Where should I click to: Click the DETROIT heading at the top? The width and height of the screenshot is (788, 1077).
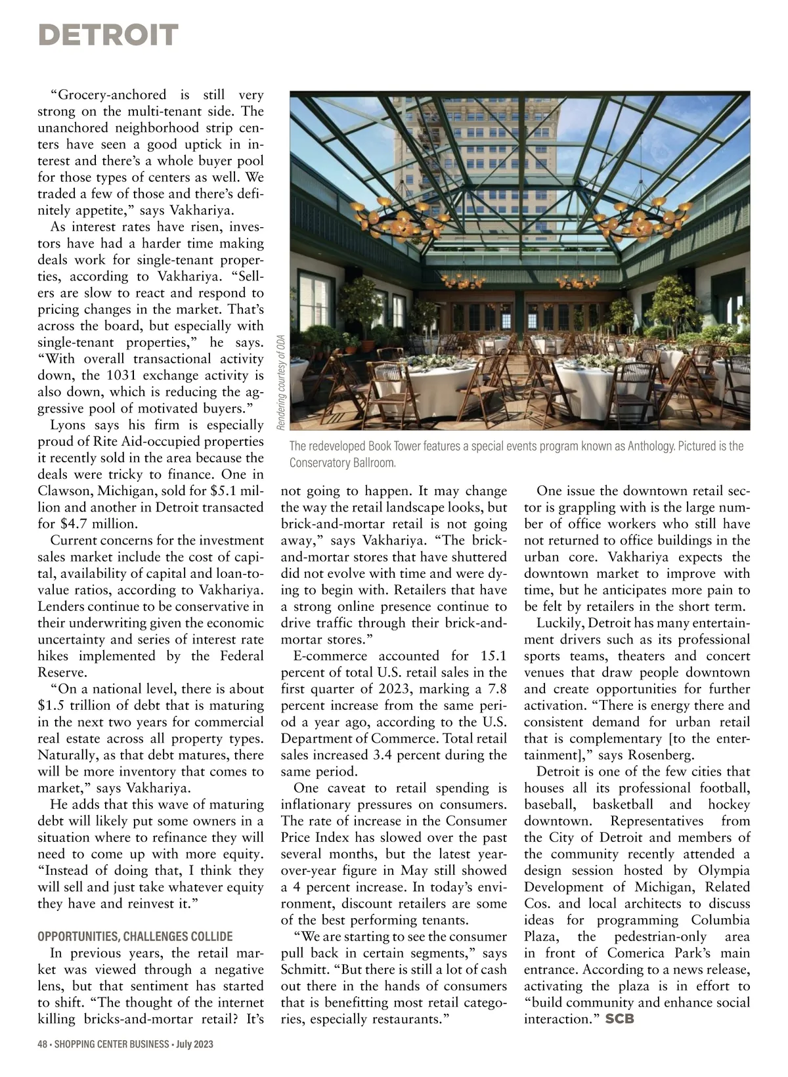[x=108, y=35]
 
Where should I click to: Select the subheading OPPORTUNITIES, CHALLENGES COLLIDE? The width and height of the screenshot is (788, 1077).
[x=135, y=936]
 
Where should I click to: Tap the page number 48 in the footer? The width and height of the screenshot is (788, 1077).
[x=43, y=1044]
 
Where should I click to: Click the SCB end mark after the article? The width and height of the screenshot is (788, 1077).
[x=619, y=1019]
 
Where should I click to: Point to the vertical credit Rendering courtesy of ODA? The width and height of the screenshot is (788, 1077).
[x=280, y=384]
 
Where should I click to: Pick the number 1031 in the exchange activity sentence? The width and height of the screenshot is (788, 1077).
[x=119, y=376]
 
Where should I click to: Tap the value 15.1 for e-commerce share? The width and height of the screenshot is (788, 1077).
[x=493, y=656]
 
